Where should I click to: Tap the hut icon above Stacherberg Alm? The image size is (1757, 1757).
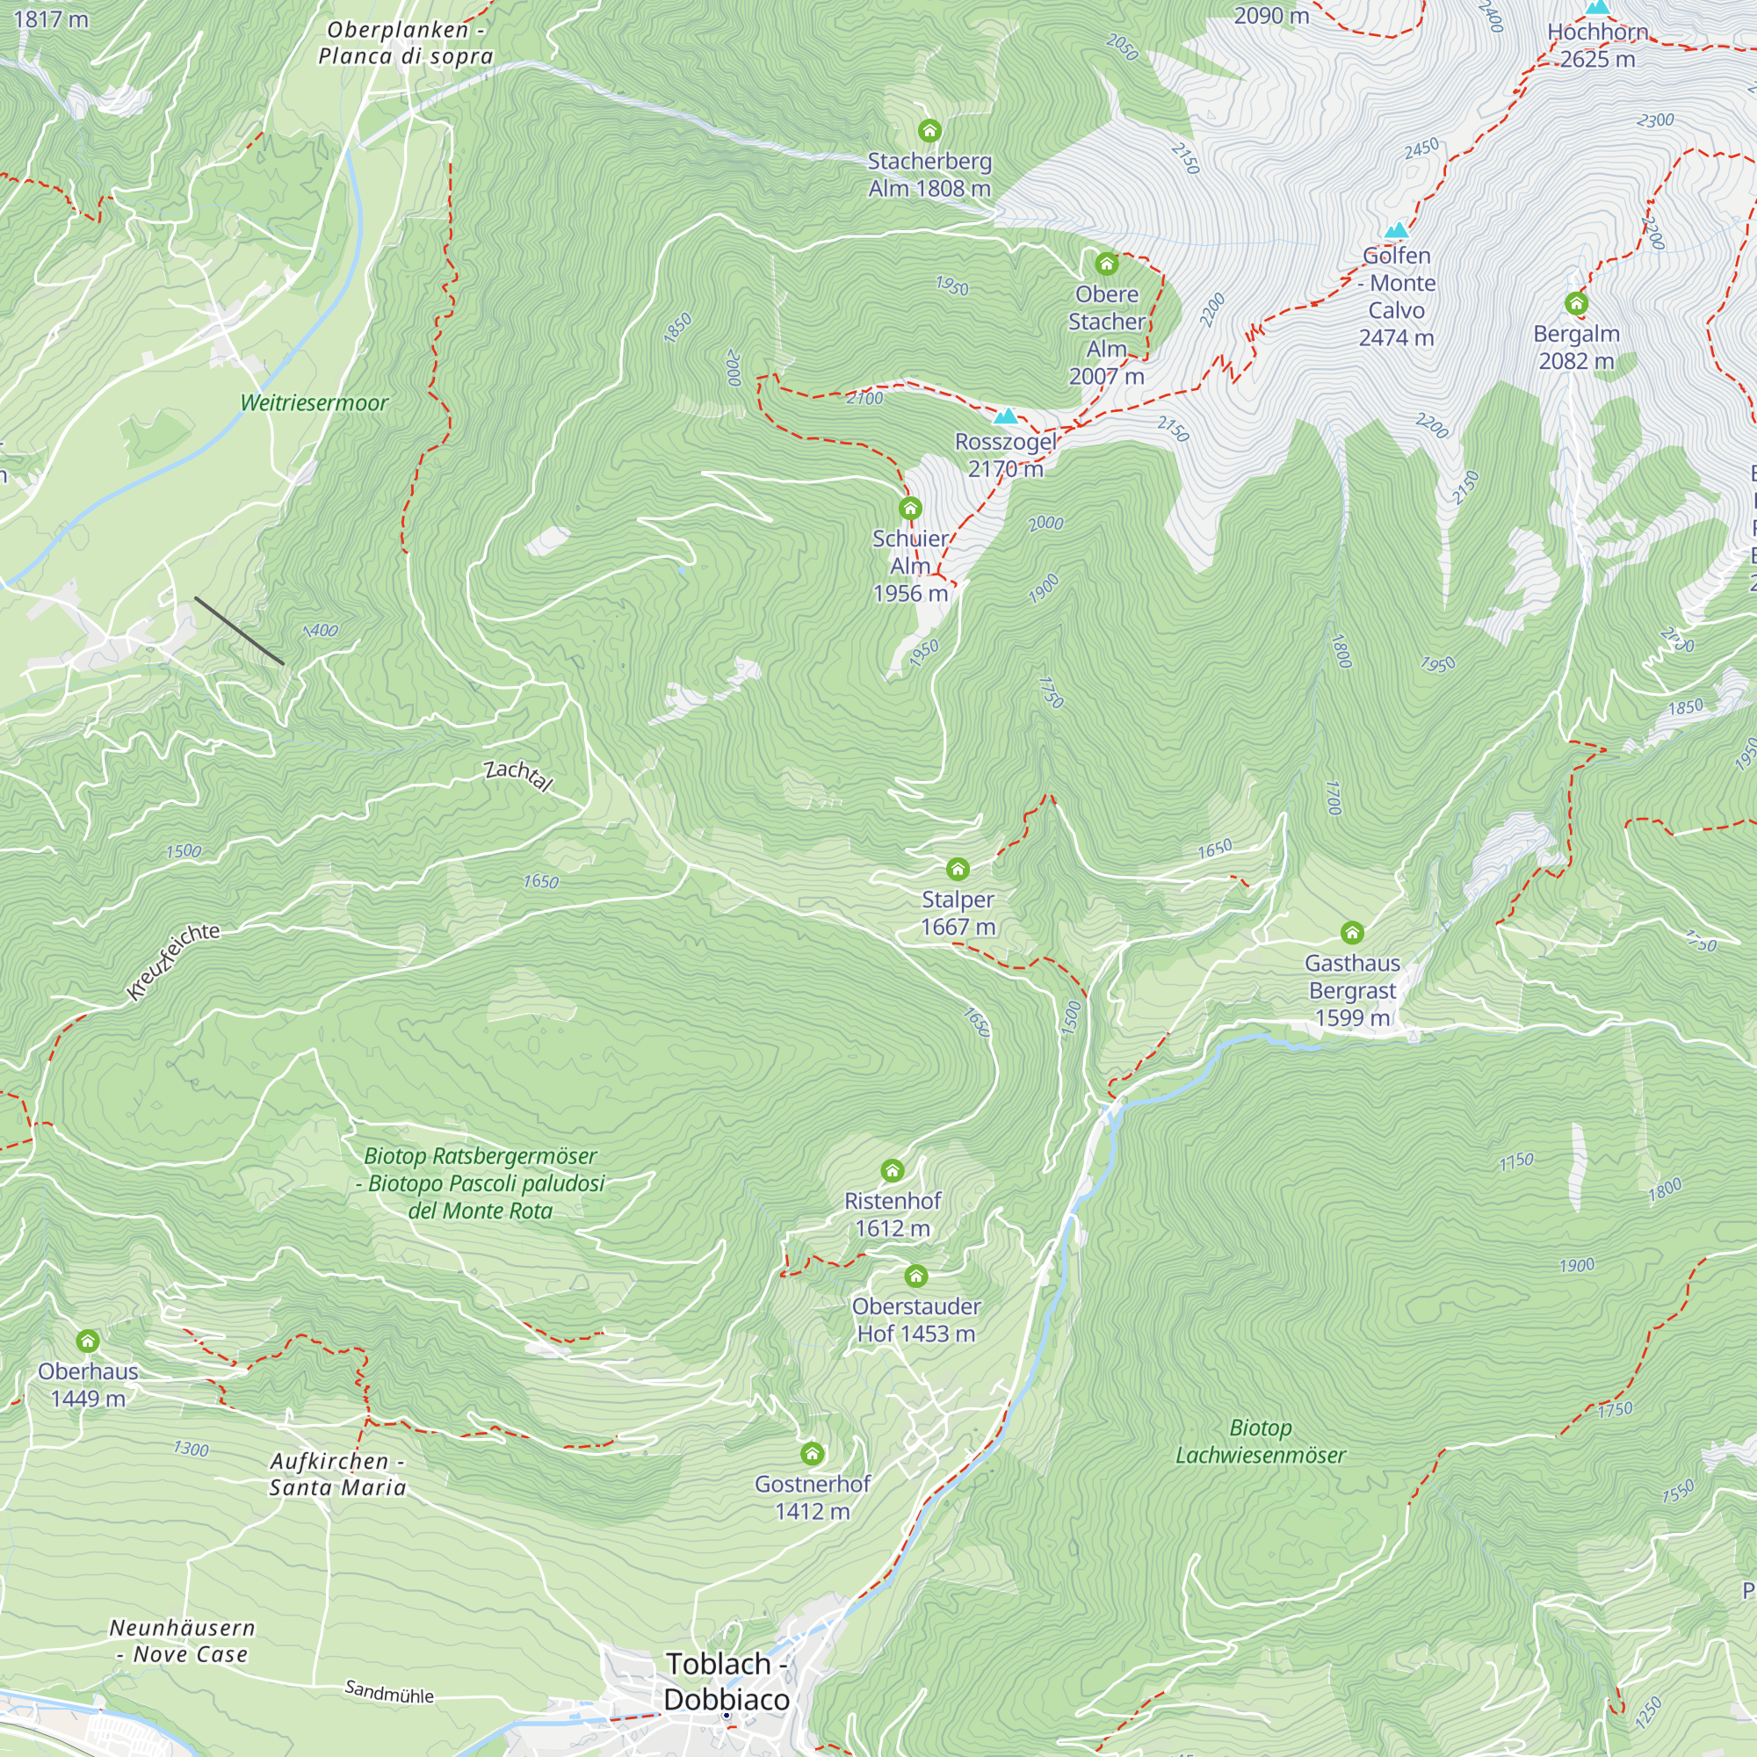click(929, 131)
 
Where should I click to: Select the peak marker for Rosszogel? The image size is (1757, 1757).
click(1005, 416)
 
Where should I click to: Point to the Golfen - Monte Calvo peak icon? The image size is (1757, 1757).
click(1396, 230)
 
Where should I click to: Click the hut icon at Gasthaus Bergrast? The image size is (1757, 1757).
click(1351, 932)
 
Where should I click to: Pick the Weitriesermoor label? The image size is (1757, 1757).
click(314, 403)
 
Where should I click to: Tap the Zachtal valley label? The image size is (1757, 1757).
click(517, 775)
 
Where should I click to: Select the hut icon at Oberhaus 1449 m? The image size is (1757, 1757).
click(87, 1341)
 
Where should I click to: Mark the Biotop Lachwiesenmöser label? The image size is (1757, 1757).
click(1260, 1441)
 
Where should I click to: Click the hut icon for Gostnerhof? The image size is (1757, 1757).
click(812, 1453)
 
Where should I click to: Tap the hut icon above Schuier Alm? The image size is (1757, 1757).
click(909, 509)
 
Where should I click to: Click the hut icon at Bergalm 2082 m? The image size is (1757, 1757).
click(1576, 303)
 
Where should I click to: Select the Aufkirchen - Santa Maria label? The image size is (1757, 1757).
click(337, 1474)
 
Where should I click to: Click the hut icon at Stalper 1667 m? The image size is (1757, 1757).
click(958, 870)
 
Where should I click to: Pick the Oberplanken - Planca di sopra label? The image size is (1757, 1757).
click(406, 43)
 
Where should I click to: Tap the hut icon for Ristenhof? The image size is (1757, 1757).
click(893, 1170)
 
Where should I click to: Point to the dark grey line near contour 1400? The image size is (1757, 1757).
click(239, 631)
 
